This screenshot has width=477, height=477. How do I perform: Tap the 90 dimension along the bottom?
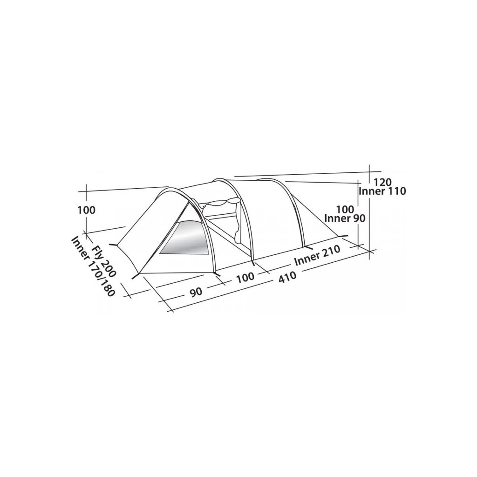pos(196,292)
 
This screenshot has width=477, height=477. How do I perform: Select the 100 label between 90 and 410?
pos(245,277)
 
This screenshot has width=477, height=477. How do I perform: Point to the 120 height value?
pos(382,182)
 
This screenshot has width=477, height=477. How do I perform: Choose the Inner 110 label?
pos(382,191)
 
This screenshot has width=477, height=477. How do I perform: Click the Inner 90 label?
pos(345,218)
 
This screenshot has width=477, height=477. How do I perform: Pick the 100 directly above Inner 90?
pos(346,209)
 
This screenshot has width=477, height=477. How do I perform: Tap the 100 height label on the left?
pos(86,210)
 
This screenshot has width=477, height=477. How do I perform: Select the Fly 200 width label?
pos(104,261)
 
